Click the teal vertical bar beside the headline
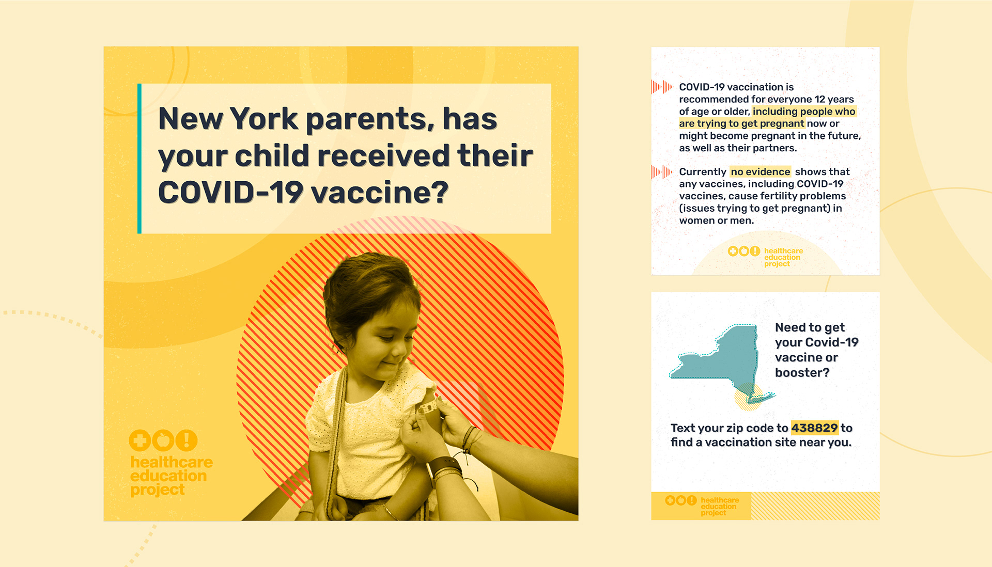point(139,159)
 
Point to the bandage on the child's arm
point(427,408)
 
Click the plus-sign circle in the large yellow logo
point(139,440)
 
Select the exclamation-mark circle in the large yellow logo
point(187,440)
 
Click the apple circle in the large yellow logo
point(163,440)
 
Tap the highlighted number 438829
point(814,428)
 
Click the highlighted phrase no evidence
point(761,171)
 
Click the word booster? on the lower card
point(802,372)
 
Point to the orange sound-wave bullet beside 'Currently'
point(662,172)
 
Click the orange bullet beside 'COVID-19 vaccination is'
point(662,87)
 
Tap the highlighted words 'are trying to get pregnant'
point(741,123)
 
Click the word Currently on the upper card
point(703,171)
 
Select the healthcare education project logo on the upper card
point(766,257)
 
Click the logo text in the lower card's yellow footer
point(720,506)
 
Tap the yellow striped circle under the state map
point(748,397)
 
